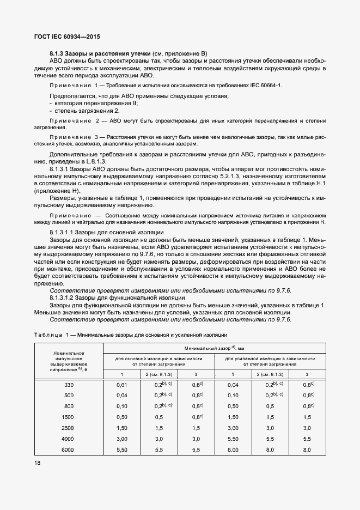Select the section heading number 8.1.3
(57, 53)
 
